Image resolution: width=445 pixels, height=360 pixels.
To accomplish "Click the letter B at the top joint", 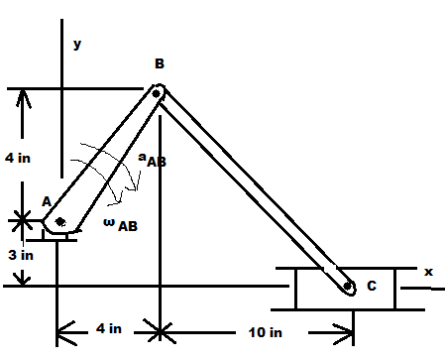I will tap(159, 63).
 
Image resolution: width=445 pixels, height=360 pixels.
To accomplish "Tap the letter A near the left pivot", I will tap(46, 200).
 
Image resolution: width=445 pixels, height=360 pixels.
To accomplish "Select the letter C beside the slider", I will tap(372, 287).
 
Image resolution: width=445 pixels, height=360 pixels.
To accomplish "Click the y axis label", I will tap(77, 44).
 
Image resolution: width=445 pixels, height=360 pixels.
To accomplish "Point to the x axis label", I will tap(428, 271).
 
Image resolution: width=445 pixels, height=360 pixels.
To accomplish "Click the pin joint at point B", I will tap(157, 93).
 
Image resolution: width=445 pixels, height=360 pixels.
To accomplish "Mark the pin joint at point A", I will tap(60, 221).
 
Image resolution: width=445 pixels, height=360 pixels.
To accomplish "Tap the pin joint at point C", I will tap(349, 288).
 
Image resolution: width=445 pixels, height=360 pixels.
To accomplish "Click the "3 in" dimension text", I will tap(21, 254).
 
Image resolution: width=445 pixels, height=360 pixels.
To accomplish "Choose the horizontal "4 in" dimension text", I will tap(108, 328).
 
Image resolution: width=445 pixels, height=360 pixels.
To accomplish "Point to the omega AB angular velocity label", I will tap(120, 224).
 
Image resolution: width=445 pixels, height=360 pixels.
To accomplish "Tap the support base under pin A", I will tap(59, 234).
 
